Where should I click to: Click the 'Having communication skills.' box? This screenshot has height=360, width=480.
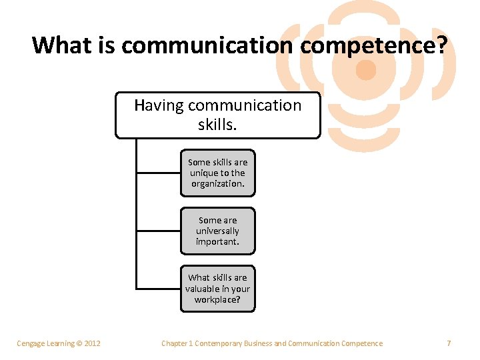click(x=218, y=115)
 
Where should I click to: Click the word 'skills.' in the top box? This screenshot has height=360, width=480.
click(x=218, y=125)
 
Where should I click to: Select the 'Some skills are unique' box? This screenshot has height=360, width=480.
click(x=218, y=173)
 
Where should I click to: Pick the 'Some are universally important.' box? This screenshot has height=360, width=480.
click(x=218, y=231)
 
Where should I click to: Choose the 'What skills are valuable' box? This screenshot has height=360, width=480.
click(x=218, y=289)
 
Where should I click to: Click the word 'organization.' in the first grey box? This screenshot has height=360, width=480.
click(x=218, y=184)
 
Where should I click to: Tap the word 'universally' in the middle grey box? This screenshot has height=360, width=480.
click(x=218, y=231)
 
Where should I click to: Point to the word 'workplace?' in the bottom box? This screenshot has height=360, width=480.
click(x=218, y=300)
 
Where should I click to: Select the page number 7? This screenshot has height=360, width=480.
click(x=449, y=343)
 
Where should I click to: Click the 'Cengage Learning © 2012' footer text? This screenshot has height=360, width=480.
click(x=59, y=343)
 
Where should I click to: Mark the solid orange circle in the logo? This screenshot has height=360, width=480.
click(x=365, y=69)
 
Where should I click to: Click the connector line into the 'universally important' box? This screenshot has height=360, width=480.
click(x=158, y=231)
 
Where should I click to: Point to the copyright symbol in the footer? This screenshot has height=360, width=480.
click(x=78, y=343)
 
